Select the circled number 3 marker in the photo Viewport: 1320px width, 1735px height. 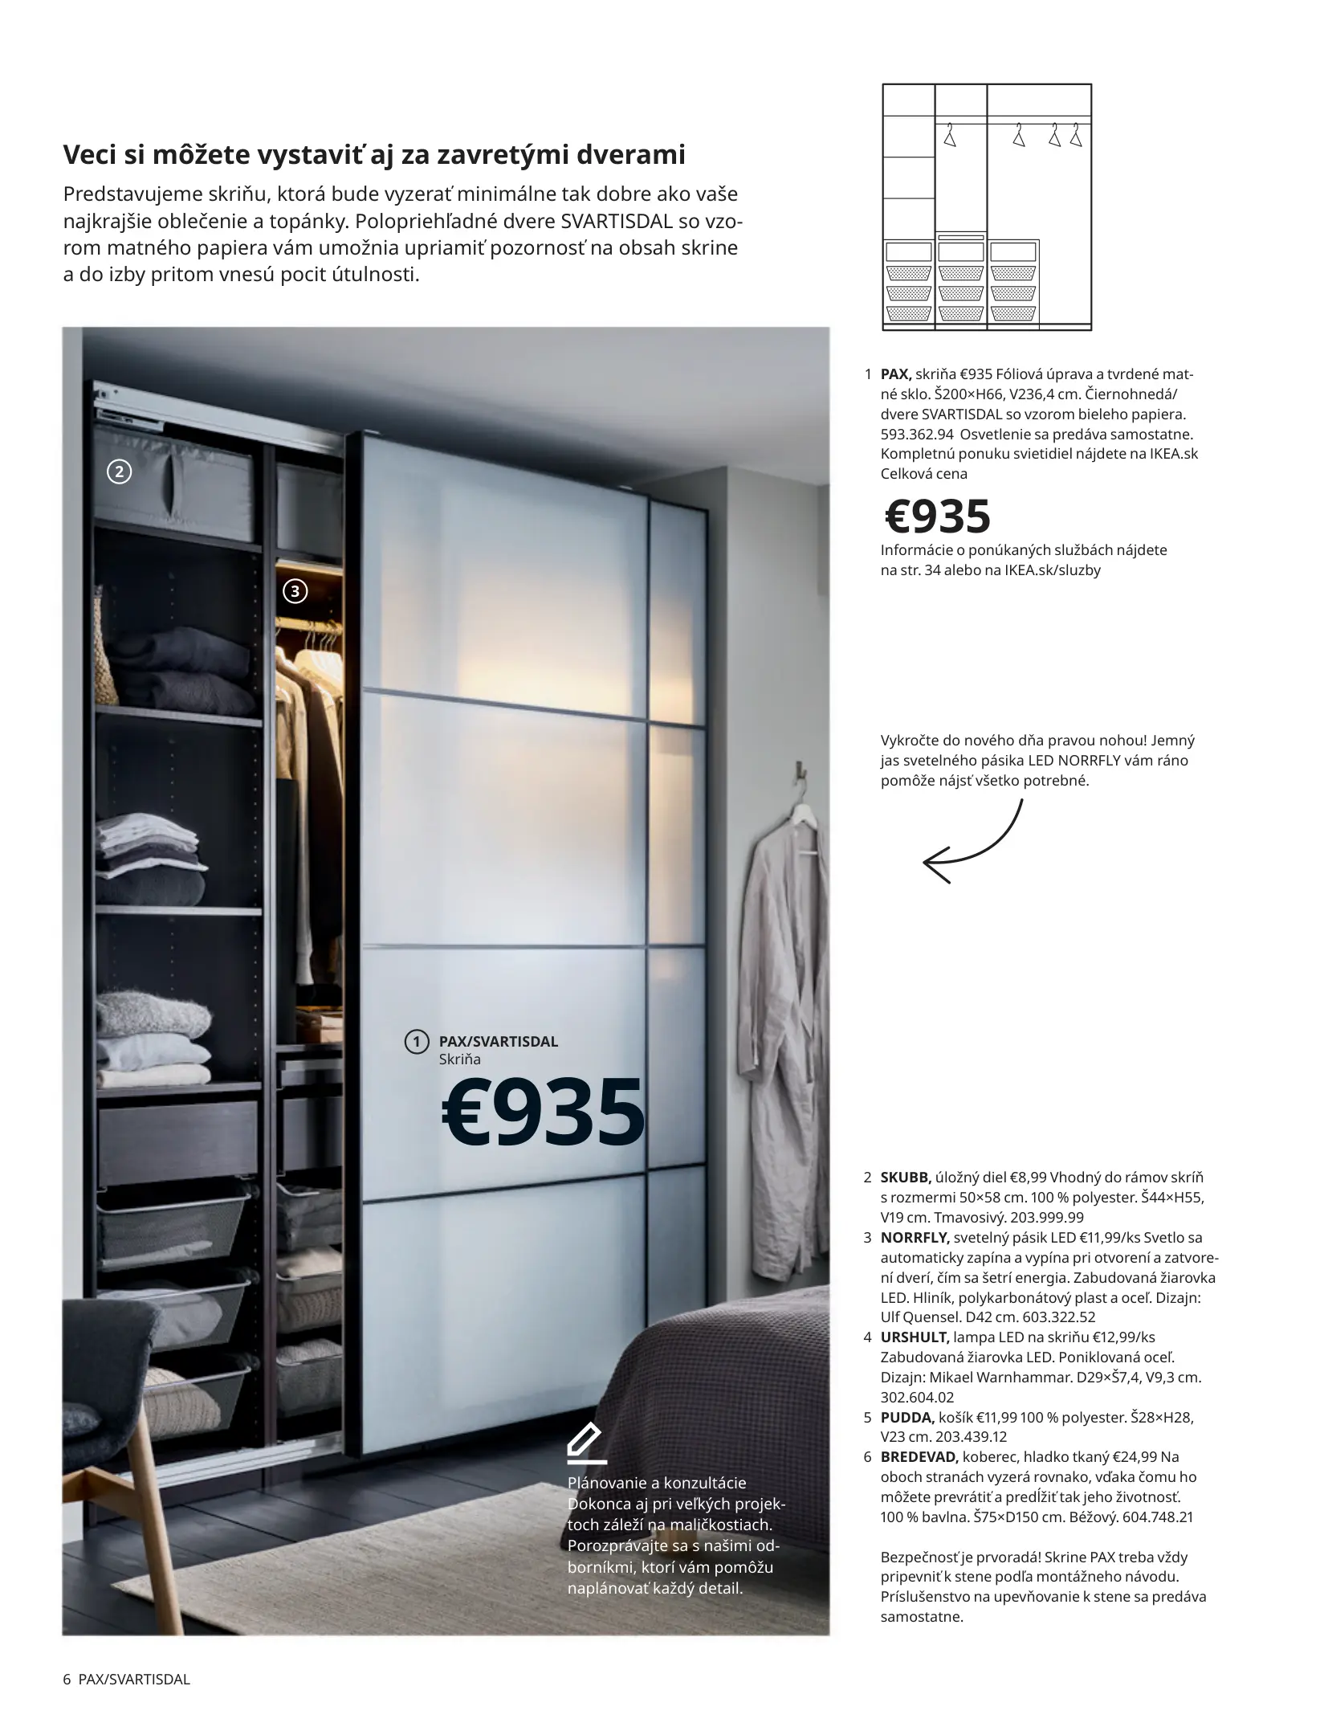click(295, 592)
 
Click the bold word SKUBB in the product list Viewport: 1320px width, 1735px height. click(906, 1178)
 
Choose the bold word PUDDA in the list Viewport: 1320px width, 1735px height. click(906, 1418)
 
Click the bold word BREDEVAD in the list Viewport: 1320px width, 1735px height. click(919, 1457)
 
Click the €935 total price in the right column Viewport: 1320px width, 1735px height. click(938, 516)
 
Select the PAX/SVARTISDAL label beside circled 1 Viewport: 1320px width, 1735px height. click(498, 1042)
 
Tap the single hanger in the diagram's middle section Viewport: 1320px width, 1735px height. click(950, 137)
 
